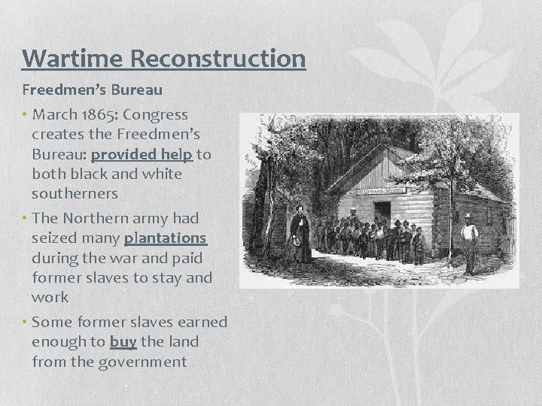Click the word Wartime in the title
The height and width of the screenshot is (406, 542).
click(x=63, y=59)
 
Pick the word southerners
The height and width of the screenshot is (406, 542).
click(x=75, y=193)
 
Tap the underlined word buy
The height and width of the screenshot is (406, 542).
click(x=123, y=341)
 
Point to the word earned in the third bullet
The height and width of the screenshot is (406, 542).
click(x=202, y=322)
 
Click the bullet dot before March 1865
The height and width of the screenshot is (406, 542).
click(x=26, y=115)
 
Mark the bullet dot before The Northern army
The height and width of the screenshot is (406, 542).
click(x=26, y=218)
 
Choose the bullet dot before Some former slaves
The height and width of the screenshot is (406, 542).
click(x=26, y=322)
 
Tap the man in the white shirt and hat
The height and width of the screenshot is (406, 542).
click(x=470, y=239)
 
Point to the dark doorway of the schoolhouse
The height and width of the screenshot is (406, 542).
click(x=382, y=212)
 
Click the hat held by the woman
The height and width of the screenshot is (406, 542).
click(x=296, y=243)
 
